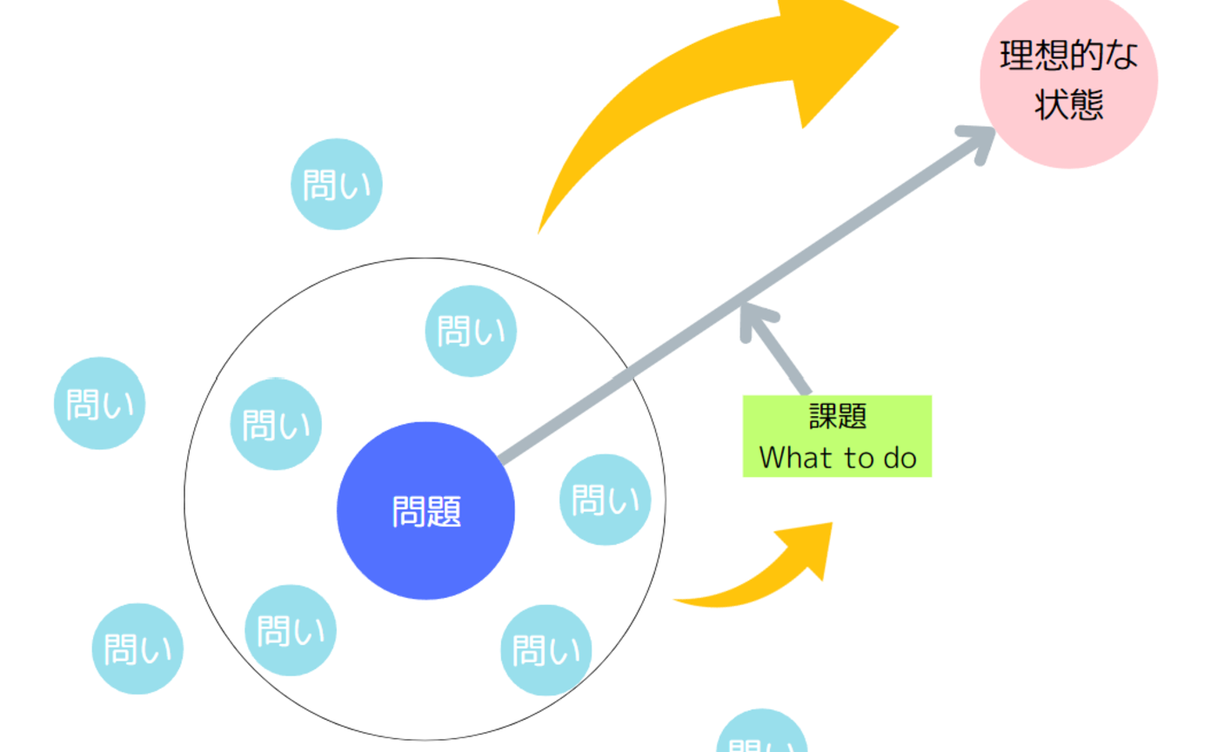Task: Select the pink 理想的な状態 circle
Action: [x=1068, y=80]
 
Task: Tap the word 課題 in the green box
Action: [x=837, y=417]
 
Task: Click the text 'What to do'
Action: [x=837, y=458]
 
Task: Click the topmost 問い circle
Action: [x=336, y=184]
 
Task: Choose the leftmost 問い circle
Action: [x=99, y=403]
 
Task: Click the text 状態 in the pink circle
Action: [x=1068, y=104]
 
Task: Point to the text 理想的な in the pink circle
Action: [x=1068, y=57]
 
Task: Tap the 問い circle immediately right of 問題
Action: [x=605, y=500]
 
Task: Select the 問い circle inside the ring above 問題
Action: [x=471, y=331]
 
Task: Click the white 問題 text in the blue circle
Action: [x=425, y=512]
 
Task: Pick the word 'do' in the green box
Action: [x=900, y=458]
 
